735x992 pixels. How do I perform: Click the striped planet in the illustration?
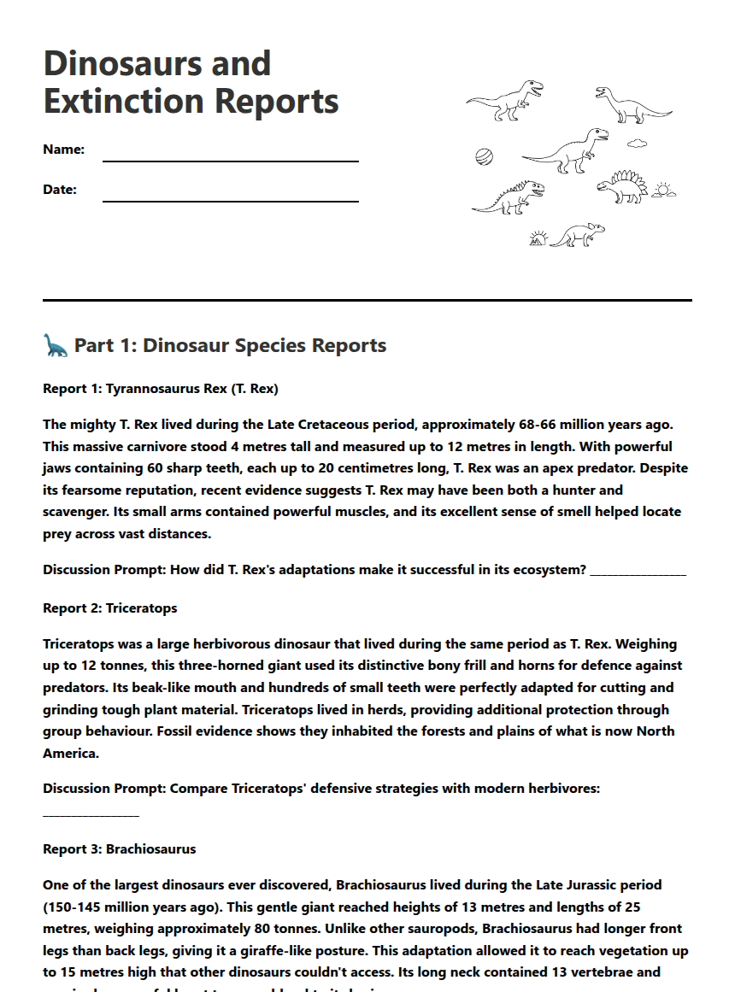click(x=484, y=156)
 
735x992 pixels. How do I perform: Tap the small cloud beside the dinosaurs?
click(x=638, y=144)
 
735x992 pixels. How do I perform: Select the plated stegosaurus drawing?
click(x=622, y=187)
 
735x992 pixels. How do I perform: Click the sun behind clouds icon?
click(x=663, y=190)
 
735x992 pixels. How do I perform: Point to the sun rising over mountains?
click(x=538, y=238)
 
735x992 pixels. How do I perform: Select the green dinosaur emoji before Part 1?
click(x=55, y=345)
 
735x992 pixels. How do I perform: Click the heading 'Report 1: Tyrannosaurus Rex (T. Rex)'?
click(x=161, y=389)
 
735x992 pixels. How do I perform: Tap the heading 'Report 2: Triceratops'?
click(x=109, y=608)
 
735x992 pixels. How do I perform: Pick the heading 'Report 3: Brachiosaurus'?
click(x=119, y=849)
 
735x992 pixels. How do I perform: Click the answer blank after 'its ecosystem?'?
click(x=638, y=571)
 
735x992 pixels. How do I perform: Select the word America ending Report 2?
click(x=70, y=754)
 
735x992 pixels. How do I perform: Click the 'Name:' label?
click(x=63, y=150)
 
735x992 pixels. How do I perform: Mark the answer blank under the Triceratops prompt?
click(x=91, y=812)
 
